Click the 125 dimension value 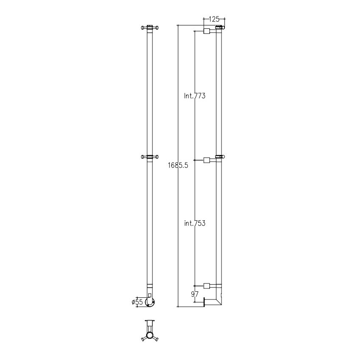click(x=214, y=19)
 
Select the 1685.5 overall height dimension click(x=178, y=165)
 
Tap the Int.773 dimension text click(x=195, y=96)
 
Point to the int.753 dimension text click(x=195, y=223)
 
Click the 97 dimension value click(x=195, y=294)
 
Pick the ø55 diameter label click(x=137, y=302)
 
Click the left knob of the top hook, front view click(x=143, y=28)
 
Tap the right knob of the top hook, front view click(x=157, y=28)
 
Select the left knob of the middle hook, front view click(x=143, y=157)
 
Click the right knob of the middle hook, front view click(x=157, y=157)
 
